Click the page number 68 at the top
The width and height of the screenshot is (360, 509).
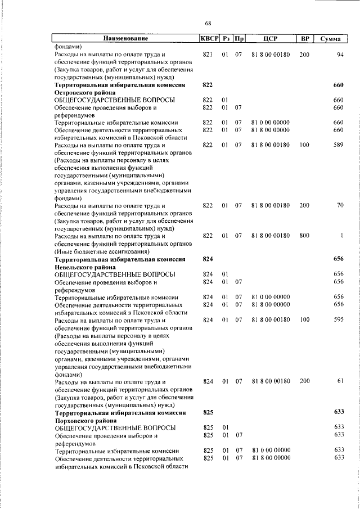pos(208,23)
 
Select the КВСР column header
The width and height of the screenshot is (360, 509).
pos(208,39)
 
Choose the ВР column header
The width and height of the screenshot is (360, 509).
pos(304,39)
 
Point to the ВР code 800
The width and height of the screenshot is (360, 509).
pos(304,236)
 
